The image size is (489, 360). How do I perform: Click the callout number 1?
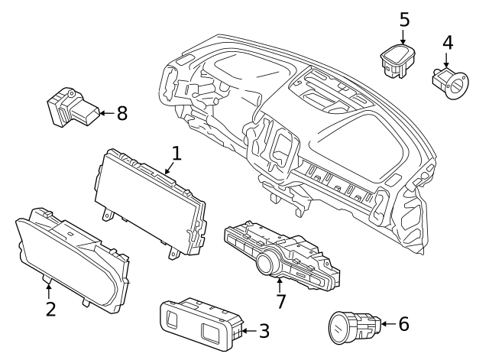[x=176, y=154]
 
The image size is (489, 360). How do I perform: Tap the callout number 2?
[x=50, y=310]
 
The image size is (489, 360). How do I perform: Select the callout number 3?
[x=264, y=331]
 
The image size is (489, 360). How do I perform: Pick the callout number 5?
[x=405, y=18]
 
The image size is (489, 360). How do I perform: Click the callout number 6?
[x=403, y=323]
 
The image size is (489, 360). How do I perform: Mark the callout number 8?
[x=121, y=113]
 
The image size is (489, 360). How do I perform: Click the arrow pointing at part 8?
[x=104, y=114]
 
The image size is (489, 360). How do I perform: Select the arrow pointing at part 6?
[x=387, y=323]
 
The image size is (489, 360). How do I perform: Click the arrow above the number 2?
[x=50, y=290]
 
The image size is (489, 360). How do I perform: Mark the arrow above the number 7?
[x=280, y=284]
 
